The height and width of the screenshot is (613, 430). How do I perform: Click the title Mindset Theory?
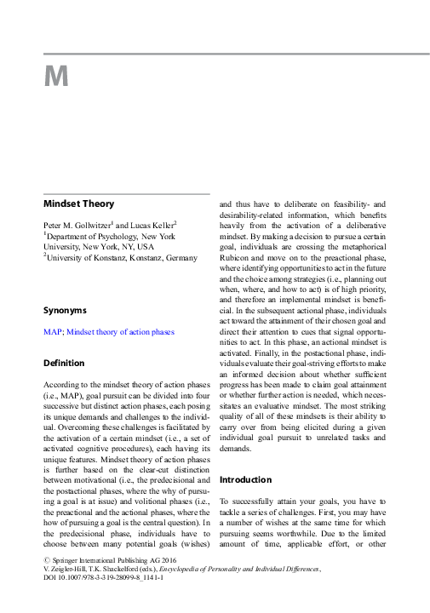78,204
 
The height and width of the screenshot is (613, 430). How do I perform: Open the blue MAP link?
52,331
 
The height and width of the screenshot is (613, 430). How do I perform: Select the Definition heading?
65,364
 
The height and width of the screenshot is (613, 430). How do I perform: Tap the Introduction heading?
246,479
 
